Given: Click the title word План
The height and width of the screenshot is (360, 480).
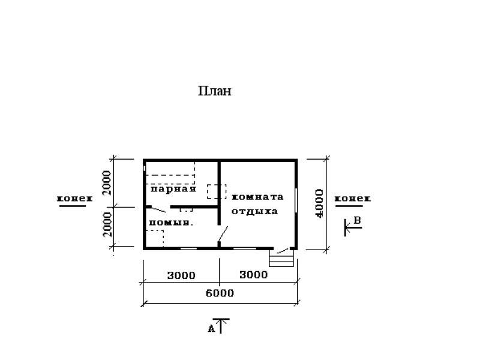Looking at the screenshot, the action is (x=215, y=91).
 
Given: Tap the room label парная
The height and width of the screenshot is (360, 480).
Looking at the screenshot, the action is (x=173, y=188).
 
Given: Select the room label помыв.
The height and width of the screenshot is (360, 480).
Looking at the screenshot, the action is (x=171, y=223).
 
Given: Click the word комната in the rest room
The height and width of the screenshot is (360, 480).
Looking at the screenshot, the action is (x=257, y=197).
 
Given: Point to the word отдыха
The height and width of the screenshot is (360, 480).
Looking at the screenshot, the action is (x=254, y=211).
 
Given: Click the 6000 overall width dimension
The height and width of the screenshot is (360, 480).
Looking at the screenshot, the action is (x=220, y=293).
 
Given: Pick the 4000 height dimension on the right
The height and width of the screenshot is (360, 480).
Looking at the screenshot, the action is (x=319, y=203).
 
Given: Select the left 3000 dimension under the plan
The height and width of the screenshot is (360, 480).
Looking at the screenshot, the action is (x=181, y=275).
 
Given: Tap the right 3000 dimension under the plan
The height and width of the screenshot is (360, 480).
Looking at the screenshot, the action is (x=253, y=275).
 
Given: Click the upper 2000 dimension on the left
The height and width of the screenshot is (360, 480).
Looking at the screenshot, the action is (x=107, y=183).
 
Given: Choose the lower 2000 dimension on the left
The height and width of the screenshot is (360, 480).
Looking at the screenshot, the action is (x=107, y=224).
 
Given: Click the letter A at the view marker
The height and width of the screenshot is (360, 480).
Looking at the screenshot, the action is (x=211, y=329).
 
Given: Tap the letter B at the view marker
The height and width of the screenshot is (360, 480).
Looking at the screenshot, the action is (x=357, y=220).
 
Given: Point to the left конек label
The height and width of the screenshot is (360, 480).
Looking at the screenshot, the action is (x=74, y=199).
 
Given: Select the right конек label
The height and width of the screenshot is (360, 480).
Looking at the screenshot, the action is (x=353, y=199).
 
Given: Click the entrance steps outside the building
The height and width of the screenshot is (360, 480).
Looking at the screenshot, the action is (x=281, y=258).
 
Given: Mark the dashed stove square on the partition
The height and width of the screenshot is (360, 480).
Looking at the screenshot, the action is (x=217, y=191).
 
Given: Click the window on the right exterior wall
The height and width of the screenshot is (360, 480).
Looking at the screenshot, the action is (x=296, y=200).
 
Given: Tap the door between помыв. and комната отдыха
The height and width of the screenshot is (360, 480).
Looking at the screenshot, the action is (x=223, y=234).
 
